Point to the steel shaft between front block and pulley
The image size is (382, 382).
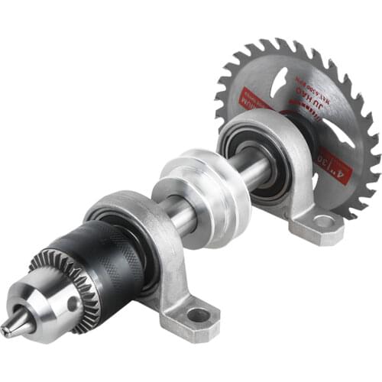(x=177, y=217)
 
